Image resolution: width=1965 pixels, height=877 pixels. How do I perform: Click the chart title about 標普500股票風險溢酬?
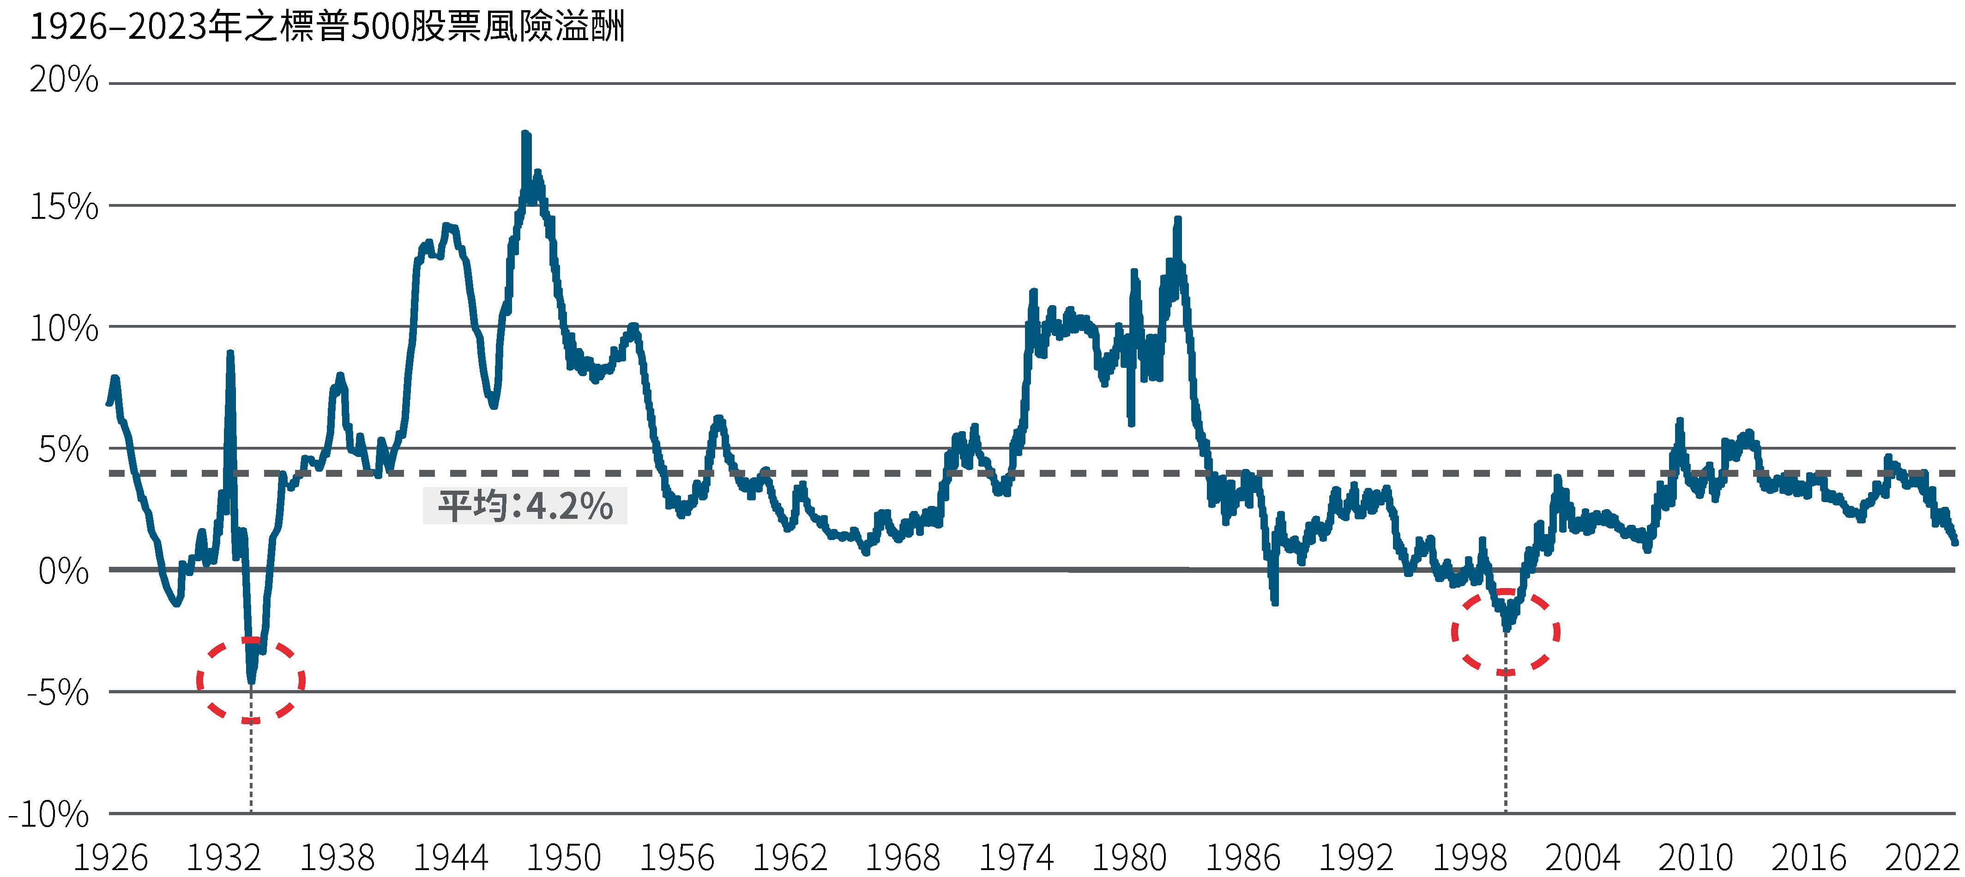tap(326, 27)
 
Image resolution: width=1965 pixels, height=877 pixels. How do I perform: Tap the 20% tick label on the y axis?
tap(64, 79)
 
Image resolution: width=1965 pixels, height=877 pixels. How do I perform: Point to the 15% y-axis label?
tap(64, 207)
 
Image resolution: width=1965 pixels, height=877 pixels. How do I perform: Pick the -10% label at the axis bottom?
tap(49, 815)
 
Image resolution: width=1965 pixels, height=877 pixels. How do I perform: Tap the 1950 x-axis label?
tap(564, 858)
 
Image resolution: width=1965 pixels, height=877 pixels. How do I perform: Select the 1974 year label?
tap(1016, 858)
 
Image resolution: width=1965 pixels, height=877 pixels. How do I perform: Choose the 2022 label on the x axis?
tap(1922, 858)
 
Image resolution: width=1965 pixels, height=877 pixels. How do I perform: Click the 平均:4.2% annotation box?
tap(525, 505)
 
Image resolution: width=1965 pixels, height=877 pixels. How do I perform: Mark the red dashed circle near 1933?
tap(251, 680)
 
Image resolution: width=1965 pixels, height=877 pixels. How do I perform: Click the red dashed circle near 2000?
tap(1505, 631)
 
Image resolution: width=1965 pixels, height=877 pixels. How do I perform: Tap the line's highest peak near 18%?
tap(525, 134)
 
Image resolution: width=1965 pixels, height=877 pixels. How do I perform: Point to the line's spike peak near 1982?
tap(1178, 220)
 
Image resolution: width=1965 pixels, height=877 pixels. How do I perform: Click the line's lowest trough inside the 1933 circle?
tap(251, 679)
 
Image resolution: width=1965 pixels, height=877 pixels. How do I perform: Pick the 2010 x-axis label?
tap(1695, 858)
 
